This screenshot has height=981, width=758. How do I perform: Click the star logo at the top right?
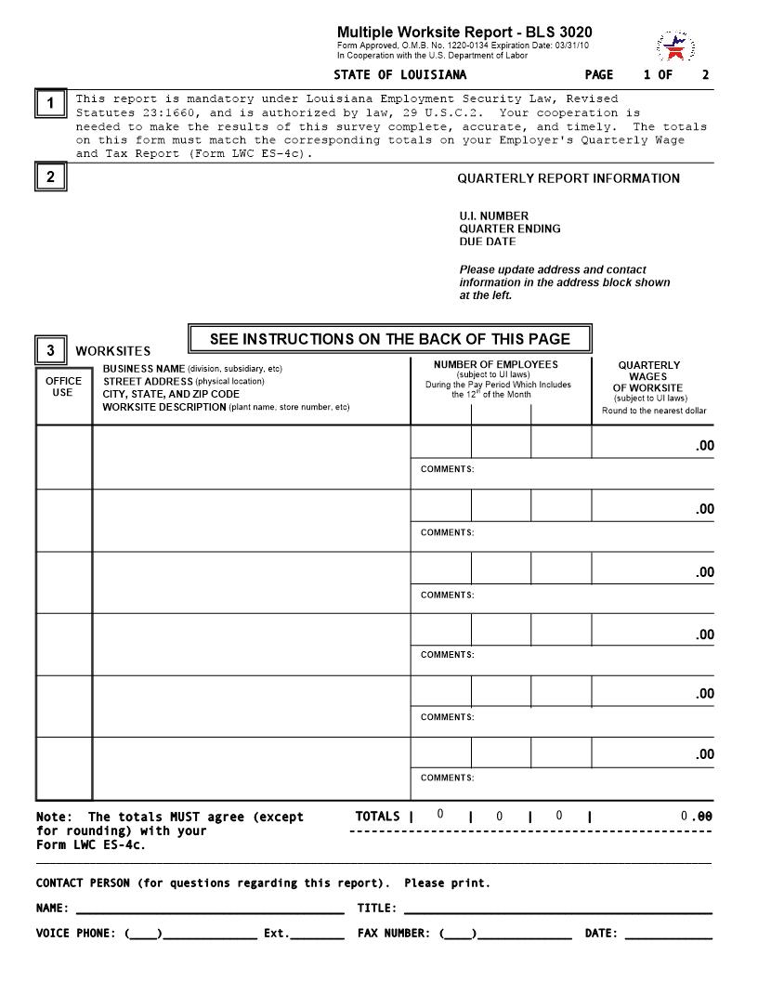coord(676,46)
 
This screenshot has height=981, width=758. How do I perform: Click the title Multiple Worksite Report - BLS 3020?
coord(464,33)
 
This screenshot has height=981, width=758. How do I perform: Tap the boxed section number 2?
coord(51,177)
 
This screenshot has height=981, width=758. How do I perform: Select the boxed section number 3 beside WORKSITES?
coord(51,351)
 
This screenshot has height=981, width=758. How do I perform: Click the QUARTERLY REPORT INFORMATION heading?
coord(568,178)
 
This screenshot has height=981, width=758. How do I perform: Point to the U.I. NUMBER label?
coord(493,216)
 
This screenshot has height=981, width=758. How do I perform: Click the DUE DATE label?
coord(487,242)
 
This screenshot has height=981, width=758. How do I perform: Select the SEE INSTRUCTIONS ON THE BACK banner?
coord(389,339)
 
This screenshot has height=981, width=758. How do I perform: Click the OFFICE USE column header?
coord(63,386)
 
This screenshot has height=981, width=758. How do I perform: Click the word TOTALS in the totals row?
coord(377,817)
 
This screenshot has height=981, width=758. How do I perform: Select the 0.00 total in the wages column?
coord(697,817)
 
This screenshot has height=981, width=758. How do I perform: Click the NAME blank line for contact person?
coord(209,909)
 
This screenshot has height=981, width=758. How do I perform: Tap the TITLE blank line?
coord(557,909)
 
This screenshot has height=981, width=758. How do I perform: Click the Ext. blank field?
coord(317,934)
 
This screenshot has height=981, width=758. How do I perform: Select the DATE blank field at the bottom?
coord(668,934)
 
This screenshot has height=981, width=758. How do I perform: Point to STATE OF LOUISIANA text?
coord(400,75)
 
